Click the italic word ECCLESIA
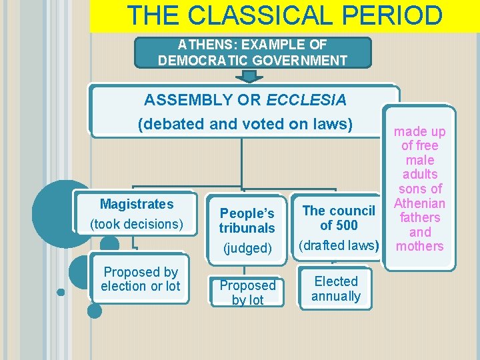[x=306, y=101]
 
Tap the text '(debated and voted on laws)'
[x=245, y=124]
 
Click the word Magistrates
[x=136, y=204]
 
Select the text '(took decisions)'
[x=136, y=224]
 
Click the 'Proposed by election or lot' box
[x=141, y=279]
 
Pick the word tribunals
[x=247, y=228]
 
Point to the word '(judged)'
[x=247, y=248]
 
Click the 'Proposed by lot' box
[x=247, y=293]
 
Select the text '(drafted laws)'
[x=339, y=245]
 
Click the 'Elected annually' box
[x=336, y=289]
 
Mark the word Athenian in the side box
[x=419, y=203]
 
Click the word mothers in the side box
[x=420, y=246]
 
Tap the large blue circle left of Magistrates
[x=57, y=206]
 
